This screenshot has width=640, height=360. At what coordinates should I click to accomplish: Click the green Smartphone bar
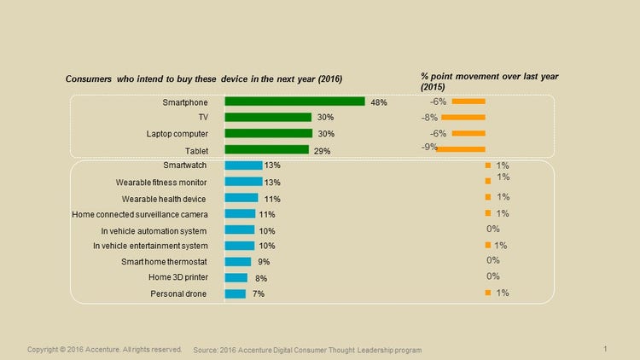[x=294, y=102]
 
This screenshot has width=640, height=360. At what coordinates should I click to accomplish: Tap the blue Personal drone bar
[x=235, y=293]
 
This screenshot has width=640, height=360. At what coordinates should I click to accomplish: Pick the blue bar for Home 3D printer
[x=236, y=277]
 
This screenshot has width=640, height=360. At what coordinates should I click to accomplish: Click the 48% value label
[x=379, y=102]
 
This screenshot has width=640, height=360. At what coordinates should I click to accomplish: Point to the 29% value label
[x=322, y=151]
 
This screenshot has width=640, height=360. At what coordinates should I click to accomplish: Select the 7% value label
[x=258, y=293]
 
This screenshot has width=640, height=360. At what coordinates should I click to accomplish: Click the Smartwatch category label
[x=185, y=165]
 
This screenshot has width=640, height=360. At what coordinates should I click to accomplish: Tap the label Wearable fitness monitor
[x=161, y=182]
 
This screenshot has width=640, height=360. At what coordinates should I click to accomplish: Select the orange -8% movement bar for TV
[x=468, y=117]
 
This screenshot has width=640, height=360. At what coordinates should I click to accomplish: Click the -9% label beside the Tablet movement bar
[x=429, y=147]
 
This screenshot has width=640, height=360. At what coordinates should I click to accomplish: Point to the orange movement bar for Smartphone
[x=468, y=102]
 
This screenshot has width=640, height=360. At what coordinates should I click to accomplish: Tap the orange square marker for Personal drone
[x=487, y=293]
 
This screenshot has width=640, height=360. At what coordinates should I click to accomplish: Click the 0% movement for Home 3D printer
[x=492, y=276]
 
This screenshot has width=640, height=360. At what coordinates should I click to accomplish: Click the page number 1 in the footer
[x=604, y=349]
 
